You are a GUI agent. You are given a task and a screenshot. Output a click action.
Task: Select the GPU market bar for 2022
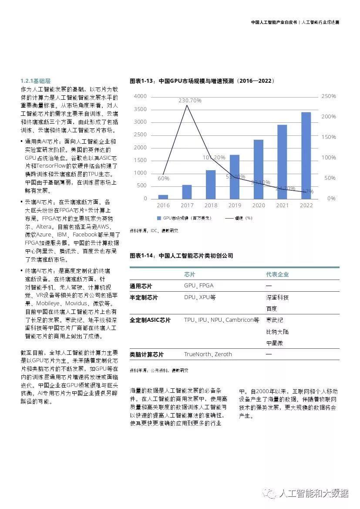click(x=306, y=155)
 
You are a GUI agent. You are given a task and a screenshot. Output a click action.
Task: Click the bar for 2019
click(x=235, y=176)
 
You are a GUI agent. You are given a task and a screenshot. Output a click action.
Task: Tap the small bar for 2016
click(x=163, y=196)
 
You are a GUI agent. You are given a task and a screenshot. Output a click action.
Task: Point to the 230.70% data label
click(x=190, y=100)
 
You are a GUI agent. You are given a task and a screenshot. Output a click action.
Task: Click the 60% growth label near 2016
click(x=163, y=178)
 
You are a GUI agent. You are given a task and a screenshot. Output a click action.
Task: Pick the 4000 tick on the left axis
click(x=140, y=96)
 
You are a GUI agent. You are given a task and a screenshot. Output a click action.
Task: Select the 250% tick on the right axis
click(x=329, y=96)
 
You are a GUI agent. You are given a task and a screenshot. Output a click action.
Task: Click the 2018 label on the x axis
click(x=211, y=206)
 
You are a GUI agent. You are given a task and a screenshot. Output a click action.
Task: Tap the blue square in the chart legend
click(x=159, y=218)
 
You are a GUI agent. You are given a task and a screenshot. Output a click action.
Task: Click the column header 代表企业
click(x=277, y=274)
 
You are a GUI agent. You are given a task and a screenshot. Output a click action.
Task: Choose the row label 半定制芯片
click(x=144, y=297)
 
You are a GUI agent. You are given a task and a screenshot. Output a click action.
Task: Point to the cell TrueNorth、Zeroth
click(x=208, y=354)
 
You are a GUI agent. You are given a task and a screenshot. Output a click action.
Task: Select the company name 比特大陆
click(x=277, y=332)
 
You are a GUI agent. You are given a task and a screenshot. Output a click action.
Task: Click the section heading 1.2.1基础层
click(x=36, y=81)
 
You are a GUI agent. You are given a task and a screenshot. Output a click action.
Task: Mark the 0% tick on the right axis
click(x=331, y=199)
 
